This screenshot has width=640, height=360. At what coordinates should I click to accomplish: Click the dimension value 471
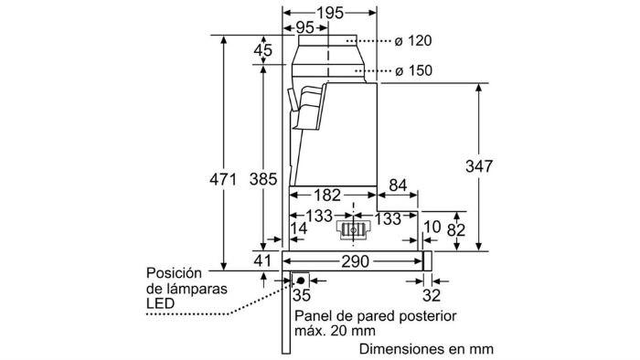(x=223, y=179)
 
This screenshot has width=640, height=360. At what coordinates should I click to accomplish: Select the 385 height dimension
(x=263, y=179)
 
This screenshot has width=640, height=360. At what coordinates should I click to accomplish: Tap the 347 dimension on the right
(x=479, y=166)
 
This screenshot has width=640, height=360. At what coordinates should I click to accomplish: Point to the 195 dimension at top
(x=330, y=13)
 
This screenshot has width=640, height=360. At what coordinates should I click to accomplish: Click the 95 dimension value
(x=304, y=27)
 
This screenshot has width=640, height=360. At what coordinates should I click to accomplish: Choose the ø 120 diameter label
(x=413, y=41)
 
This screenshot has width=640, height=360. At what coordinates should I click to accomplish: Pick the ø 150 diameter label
(x=413, y=70)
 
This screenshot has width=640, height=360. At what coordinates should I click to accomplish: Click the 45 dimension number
(x=263, y=50)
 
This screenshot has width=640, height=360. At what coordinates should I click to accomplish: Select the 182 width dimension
(x=327, y=195)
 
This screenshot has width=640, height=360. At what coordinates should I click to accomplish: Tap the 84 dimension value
(x=398, y=185)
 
